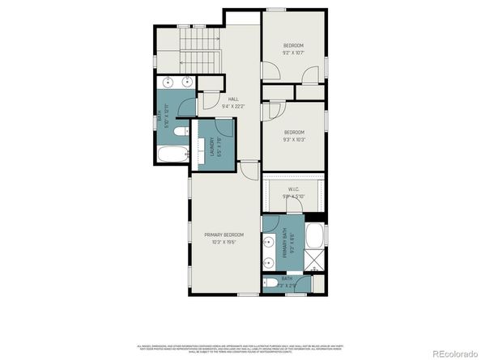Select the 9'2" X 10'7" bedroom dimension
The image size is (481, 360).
(292, 53)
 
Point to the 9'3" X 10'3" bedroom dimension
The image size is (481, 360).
(293, 140)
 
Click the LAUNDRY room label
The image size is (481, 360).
(211, 146)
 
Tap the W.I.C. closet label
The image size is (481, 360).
(293, 191)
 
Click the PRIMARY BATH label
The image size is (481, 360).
(285, 243)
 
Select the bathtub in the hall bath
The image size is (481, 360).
(170, 155)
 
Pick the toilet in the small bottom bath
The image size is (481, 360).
(269, 283)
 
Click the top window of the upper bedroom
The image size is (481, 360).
(277, 10)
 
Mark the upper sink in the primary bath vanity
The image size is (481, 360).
(268, 240)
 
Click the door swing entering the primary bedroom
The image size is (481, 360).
(247, 171)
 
